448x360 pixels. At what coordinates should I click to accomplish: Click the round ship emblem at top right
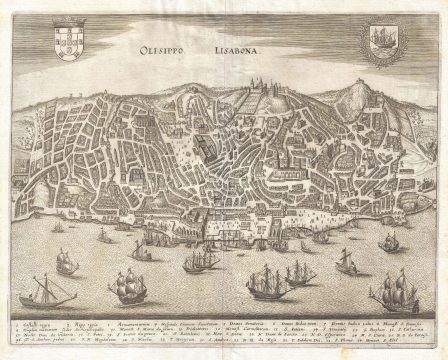pyautogui.click(x=377, y=48)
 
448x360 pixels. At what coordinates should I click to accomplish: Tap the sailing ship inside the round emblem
pyautogui.click(x=377, y=48)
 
